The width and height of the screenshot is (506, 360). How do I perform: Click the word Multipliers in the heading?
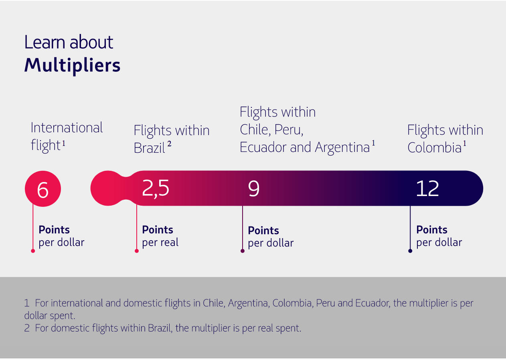(x=72, y=65)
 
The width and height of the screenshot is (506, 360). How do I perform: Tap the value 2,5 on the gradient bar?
(x=156, y=188)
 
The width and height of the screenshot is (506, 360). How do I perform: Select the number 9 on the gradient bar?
(x=254, y=188)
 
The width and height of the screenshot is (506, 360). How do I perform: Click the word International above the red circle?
(x=67, y=128)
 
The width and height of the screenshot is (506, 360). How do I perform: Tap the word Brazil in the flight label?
(x=149, y=148)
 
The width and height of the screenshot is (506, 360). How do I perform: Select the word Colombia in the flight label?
(x=434, y=148)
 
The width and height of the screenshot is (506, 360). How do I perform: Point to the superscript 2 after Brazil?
(x=169, y=144)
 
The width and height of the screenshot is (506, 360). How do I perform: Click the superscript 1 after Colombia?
(x=465, y=143)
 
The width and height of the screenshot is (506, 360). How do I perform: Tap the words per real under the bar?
(x=160, y=243)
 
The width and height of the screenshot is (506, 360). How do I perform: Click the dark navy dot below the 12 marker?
(x=410, y=251)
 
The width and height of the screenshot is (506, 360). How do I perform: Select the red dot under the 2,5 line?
(x=137, y=251)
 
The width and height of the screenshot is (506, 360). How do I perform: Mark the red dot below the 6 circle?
(x=33, y=251)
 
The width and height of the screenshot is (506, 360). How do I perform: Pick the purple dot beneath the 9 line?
(x=243, y=251)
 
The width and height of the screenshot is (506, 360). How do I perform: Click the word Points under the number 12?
(x=432, y=230)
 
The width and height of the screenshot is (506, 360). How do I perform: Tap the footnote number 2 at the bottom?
(x=27, y=328)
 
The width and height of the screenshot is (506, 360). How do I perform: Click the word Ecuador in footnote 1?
(x=372, y=303)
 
